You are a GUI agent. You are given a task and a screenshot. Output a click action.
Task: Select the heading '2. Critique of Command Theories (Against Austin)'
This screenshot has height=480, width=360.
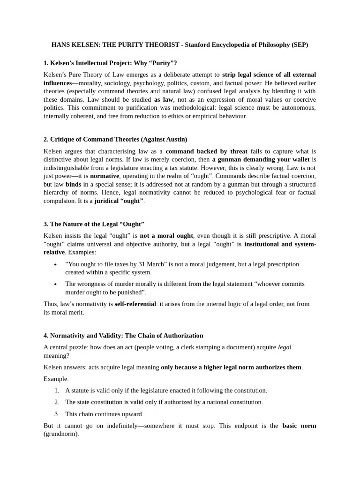115,139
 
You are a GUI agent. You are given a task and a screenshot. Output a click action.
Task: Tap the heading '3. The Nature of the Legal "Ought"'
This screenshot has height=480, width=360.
94,224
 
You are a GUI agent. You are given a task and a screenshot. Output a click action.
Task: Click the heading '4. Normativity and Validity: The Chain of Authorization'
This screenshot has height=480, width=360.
123,336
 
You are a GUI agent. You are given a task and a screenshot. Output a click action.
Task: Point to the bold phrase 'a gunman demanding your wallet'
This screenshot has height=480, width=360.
261,159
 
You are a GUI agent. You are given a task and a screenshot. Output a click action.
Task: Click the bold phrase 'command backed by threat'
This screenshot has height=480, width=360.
206,151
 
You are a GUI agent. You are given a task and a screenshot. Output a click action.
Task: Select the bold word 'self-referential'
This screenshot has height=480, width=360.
135,304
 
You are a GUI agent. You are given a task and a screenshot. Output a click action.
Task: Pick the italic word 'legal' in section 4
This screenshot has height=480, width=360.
285,347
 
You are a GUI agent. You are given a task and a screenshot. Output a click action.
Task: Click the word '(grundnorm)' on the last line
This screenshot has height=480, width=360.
61,434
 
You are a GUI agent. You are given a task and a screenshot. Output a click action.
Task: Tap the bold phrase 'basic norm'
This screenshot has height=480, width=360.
299,426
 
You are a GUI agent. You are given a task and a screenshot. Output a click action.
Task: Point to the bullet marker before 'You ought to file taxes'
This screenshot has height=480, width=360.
55,264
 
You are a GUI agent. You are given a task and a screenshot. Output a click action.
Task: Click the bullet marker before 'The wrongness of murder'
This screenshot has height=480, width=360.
55,284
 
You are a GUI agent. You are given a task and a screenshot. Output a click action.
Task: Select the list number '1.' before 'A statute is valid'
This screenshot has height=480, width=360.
57,390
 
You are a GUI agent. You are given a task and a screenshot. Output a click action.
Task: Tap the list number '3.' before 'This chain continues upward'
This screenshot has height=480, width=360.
57,414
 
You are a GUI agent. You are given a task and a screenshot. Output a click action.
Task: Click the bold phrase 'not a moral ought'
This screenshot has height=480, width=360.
166,235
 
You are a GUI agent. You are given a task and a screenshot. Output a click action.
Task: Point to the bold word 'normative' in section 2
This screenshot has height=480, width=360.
105,176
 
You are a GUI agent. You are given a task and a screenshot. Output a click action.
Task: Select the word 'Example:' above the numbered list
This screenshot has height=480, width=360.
56,379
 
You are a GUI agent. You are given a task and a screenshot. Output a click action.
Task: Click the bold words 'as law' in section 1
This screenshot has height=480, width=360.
164,99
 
